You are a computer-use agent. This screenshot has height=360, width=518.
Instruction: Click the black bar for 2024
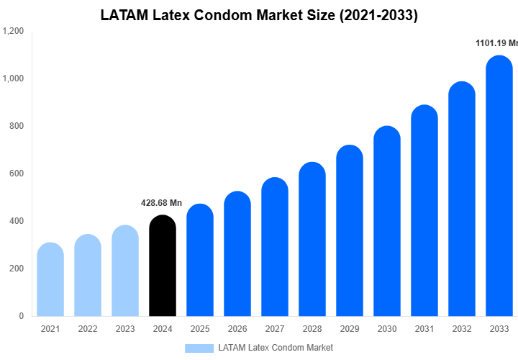(162, 266)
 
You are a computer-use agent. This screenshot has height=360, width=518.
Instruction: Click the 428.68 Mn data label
(162, 203)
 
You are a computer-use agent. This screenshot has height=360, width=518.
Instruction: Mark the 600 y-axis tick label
(16, 174)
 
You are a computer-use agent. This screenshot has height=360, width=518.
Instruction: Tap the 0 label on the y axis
(21, 316)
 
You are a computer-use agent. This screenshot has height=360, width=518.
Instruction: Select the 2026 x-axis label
(237, 329)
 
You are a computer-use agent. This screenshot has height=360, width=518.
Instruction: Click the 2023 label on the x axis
(124, 329)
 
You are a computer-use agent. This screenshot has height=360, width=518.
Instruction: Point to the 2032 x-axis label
(461, 329)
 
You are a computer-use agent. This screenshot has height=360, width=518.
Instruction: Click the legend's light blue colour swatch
(199, 348)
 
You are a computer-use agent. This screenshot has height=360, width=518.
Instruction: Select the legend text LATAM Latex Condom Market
(276, 348)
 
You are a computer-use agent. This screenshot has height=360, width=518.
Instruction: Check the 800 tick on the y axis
(16, 126)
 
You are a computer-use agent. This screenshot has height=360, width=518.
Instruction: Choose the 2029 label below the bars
(349, 329)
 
